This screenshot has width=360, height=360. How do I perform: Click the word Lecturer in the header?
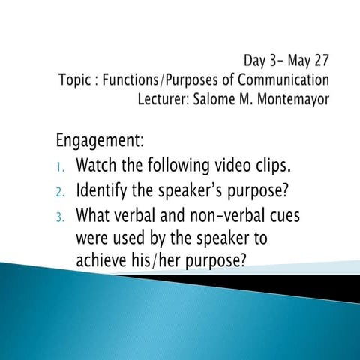click(187, 95)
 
